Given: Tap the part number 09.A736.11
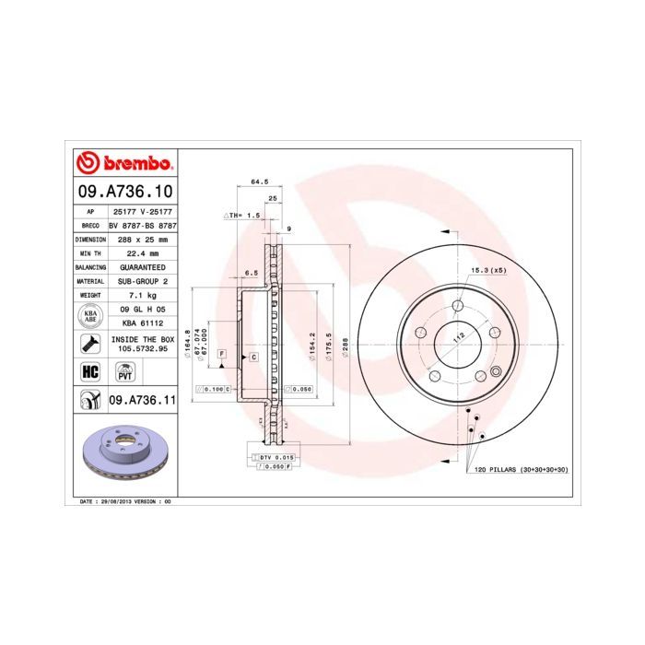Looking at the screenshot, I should click(141, 399).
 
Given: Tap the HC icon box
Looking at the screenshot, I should click(90, 371).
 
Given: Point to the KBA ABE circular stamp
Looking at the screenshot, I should click(90, 316).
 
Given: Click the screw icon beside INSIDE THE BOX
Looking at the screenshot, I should click(90, 345).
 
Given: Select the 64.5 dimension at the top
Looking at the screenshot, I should click(259, 182).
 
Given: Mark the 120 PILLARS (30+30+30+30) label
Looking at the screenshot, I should click(520, 469).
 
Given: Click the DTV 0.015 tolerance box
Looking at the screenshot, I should click(276, 457).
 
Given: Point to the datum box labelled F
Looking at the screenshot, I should click(221, 354).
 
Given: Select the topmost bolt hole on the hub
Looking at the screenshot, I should click(458, 306).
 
